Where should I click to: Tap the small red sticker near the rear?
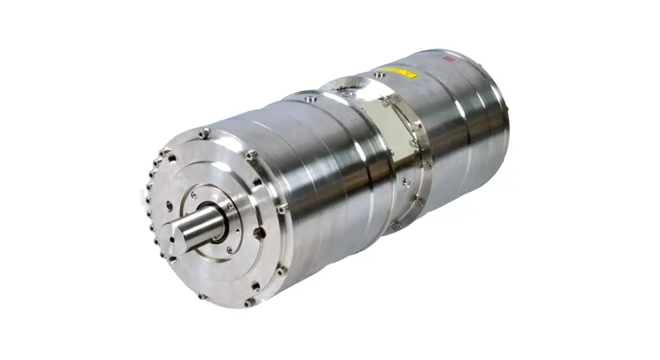point(449,58)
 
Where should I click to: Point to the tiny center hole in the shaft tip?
point(173,237)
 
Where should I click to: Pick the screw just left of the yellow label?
point(377,75)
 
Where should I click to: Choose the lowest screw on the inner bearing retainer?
point(230,250)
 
